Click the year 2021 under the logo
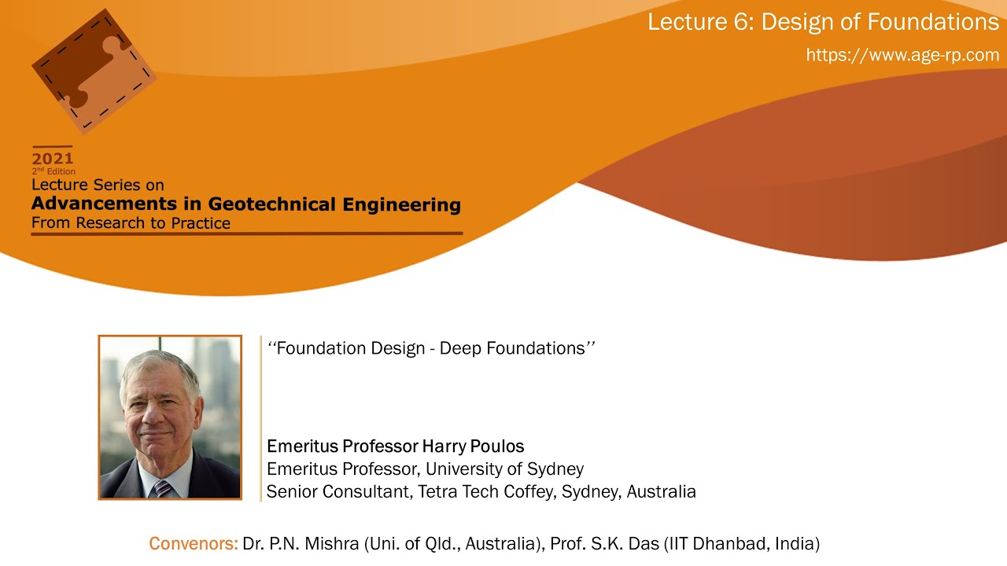(x=53, y=158)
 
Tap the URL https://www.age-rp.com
(x=902, y=55)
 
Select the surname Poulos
(x=495, y=447)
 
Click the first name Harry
(x=441, y=447)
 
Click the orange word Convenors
(x=193, y=543)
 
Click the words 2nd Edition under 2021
(x=53, y=171)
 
